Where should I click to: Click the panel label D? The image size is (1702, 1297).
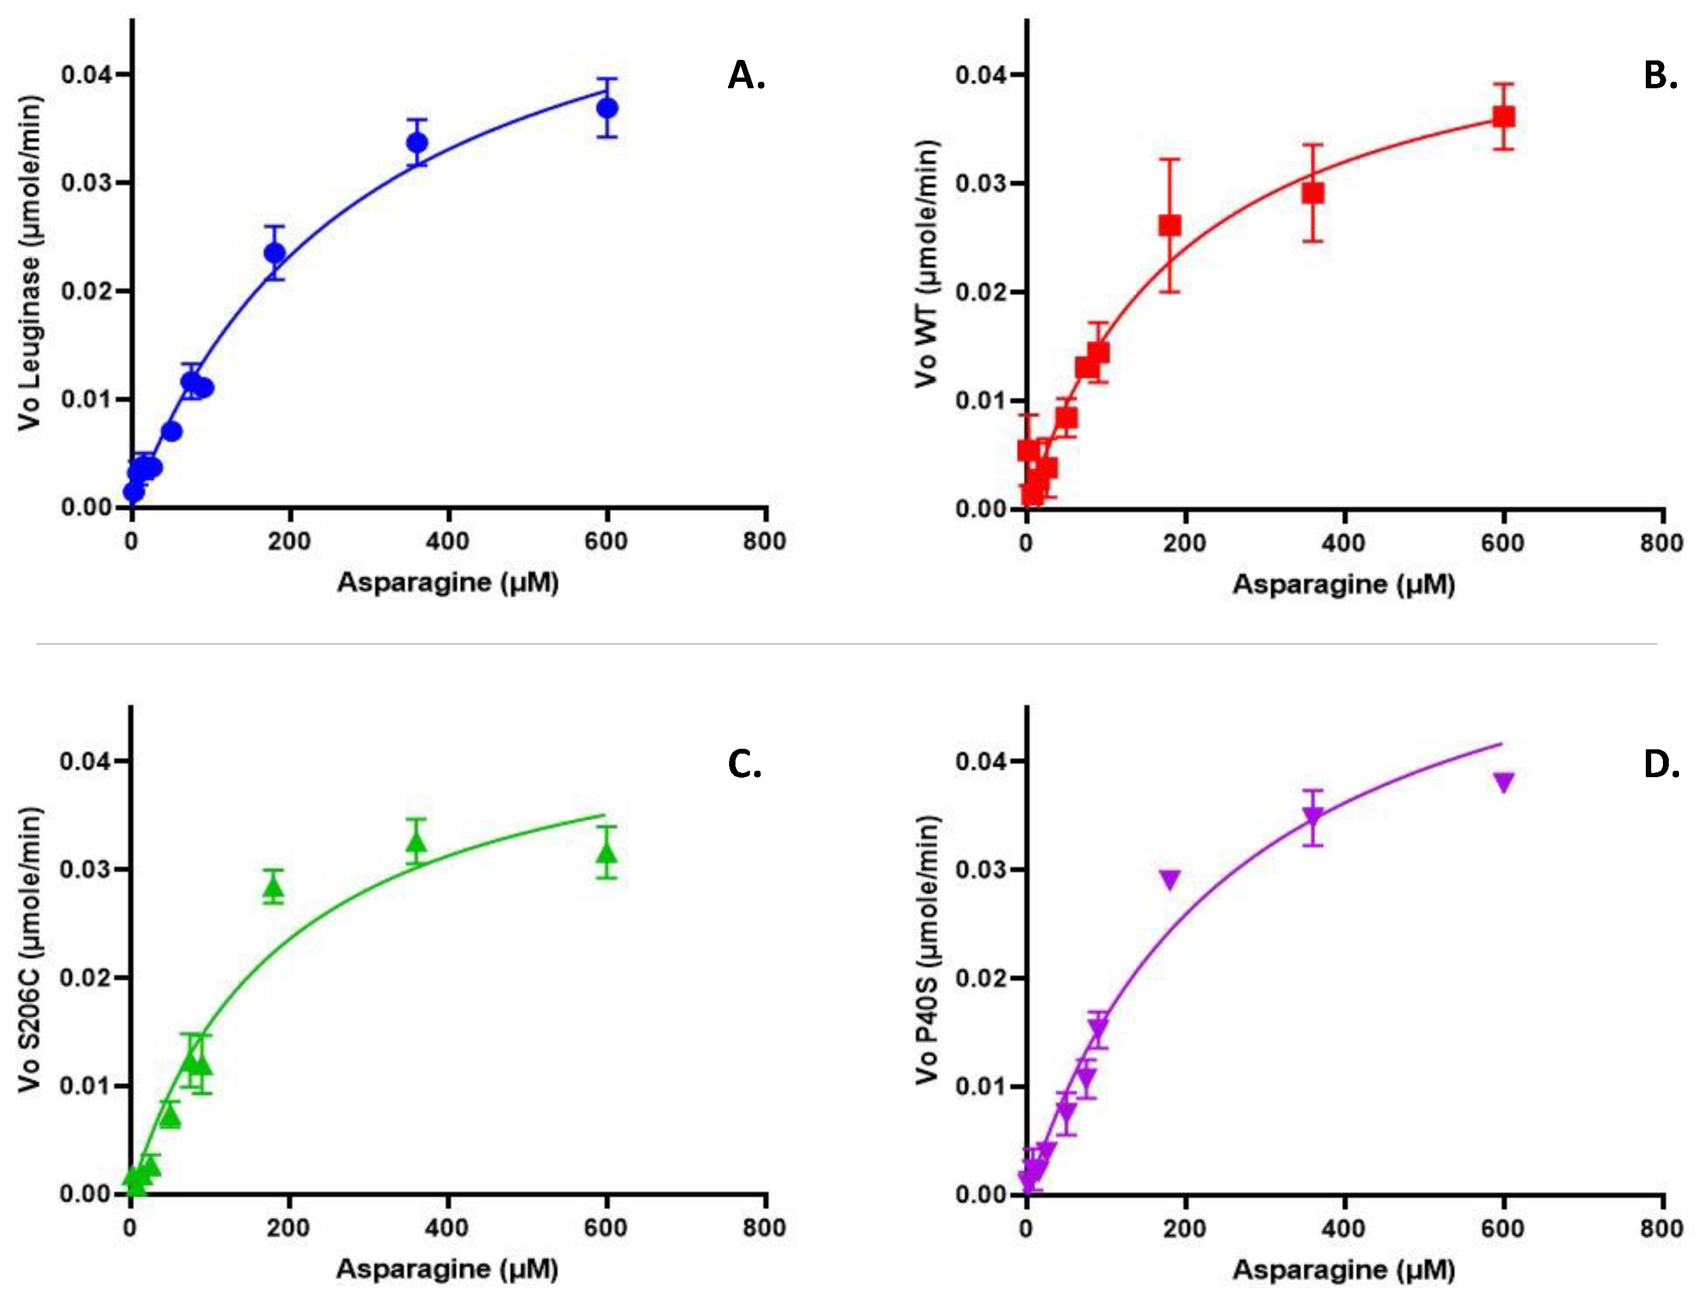[x=1661, y=764]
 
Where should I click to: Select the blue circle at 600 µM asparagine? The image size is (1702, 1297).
[x=608, y=108]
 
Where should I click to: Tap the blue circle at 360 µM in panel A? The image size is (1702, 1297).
[x=417, y=142]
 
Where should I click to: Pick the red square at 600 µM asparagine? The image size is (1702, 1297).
[x=1503, y=117]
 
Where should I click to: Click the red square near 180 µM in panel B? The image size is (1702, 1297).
[x=1169, y=225]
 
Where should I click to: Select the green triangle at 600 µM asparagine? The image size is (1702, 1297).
[x=608, y=853]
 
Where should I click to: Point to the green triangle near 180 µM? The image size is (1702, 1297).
[x=273, y=888]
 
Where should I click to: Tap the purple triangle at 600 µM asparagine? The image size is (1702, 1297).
[x=1503, y=782]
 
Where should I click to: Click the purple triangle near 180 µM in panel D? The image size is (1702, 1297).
[x=1169, y=879]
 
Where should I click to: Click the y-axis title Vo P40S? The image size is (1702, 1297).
[x=926, y=949]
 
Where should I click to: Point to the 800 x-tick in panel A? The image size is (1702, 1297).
[x=764, y=541]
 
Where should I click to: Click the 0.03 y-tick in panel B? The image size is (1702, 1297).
[x=980, y=184]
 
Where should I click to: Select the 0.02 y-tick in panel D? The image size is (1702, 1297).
[x=980, y=979]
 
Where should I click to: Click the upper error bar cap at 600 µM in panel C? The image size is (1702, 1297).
[x=608, y=827]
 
